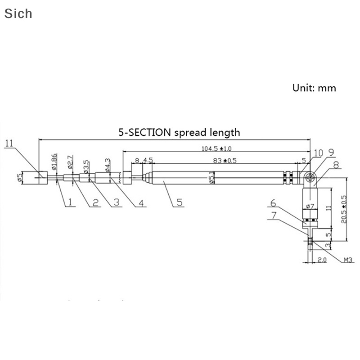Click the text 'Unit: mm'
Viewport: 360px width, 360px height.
click(314, 88)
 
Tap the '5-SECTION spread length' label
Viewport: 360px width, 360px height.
click(179, 132)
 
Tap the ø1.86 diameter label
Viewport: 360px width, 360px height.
click(54, 162)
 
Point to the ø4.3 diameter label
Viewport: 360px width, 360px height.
click(107, 165)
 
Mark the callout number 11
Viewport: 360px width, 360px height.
click(10, 144)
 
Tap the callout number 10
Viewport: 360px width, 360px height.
click(318, 153)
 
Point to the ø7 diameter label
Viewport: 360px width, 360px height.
click(310, 206)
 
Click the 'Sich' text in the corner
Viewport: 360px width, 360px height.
click(18, 13)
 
